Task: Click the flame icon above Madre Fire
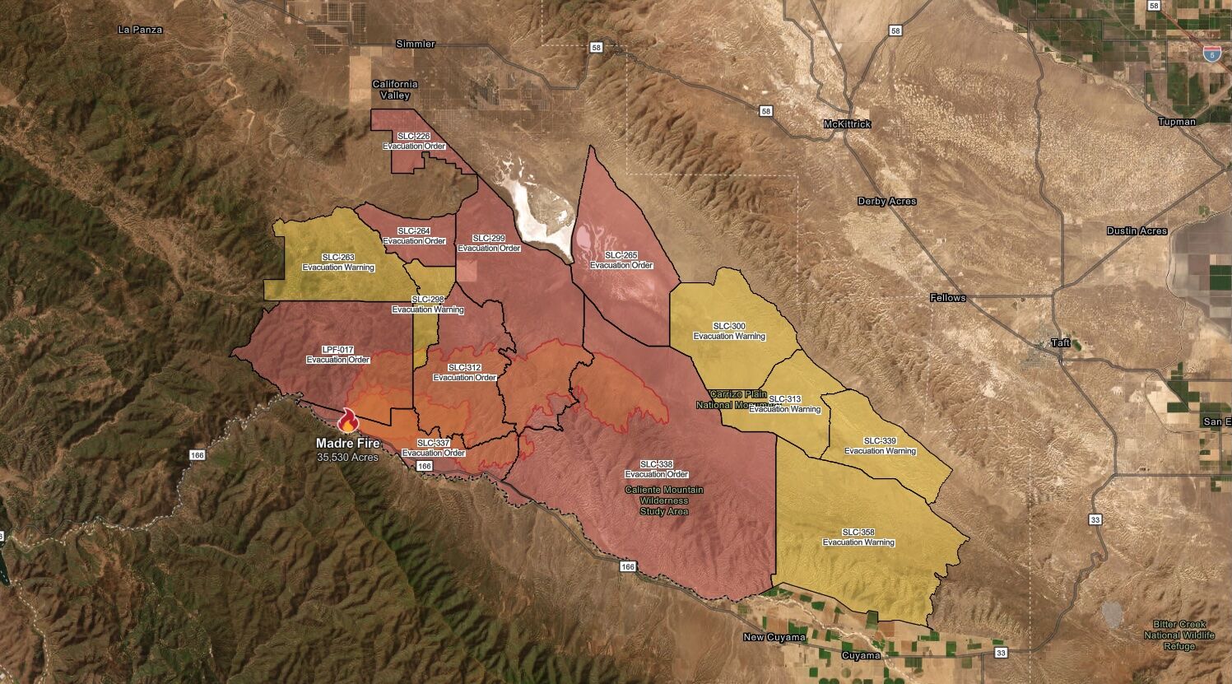[348, 420]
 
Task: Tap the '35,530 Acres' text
[347, 457]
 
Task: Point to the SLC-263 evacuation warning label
[338, 262]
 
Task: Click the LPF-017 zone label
[337, 355]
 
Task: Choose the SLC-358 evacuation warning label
[858, 537]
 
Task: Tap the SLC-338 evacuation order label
[656, 469]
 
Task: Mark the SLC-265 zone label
[621, 260]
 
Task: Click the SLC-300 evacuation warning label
[729, 331]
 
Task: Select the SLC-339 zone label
[880, 445]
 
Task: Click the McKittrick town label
[847, 124]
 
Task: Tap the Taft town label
[1061, 342]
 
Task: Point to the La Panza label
[141, 30]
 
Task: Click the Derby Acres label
[886, 202]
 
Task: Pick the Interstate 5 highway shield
[1211, 54]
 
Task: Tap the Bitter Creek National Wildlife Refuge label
[1180, 635]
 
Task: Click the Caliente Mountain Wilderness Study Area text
[664, 500]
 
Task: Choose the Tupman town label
[1176, 122]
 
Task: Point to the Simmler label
[416, 44]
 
